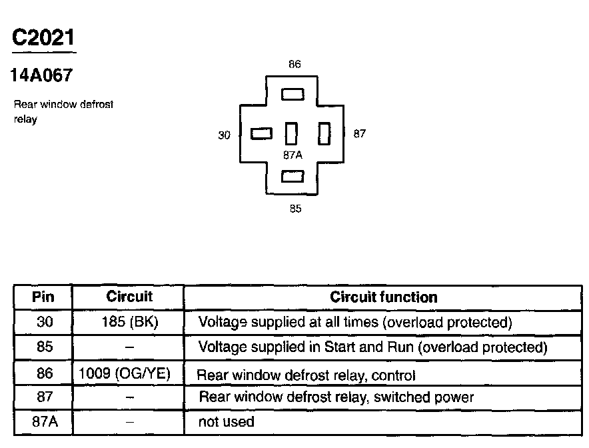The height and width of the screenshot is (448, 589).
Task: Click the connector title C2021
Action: (44, 37)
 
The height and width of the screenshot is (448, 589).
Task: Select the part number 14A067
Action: (41, 76)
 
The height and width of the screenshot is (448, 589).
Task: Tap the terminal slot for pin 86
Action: (293, 95)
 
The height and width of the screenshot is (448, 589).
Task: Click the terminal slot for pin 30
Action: (261, 134)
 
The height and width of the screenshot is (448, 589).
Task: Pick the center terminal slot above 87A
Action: (291, 134)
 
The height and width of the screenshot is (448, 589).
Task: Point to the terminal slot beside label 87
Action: (324, 134)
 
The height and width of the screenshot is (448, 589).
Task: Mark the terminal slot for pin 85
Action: (293, 176)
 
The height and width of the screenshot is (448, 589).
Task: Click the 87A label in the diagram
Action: (293, 155)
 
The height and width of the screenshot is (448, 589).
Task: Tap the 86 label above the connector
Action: (294, 65)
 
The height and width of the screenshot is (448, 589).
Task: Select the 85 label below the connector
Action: (295, 209)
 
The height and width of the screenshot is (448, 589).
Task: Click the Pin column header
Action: (43, 297)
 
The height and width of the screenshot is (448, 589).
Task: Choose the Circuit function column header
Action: (384, 297)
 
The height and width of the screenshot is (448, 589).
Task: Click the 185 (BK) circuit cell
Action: (129, 323)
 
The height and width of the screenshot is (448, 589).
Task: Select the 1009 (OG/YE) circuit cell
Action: (129, 373)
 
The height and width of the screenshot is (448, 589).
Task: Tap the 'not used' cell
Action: (227, 422)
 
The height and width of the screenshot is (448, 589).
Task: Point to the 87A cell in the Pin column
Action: (43, 422)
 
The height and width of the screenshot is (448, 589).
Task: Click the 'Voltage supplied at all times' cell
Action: (355, 323)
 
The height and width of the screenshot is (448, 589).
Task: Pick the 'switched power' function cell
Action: (336, 397)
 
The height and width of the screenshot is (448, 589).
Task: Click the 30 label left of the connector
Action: (225, 135)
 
